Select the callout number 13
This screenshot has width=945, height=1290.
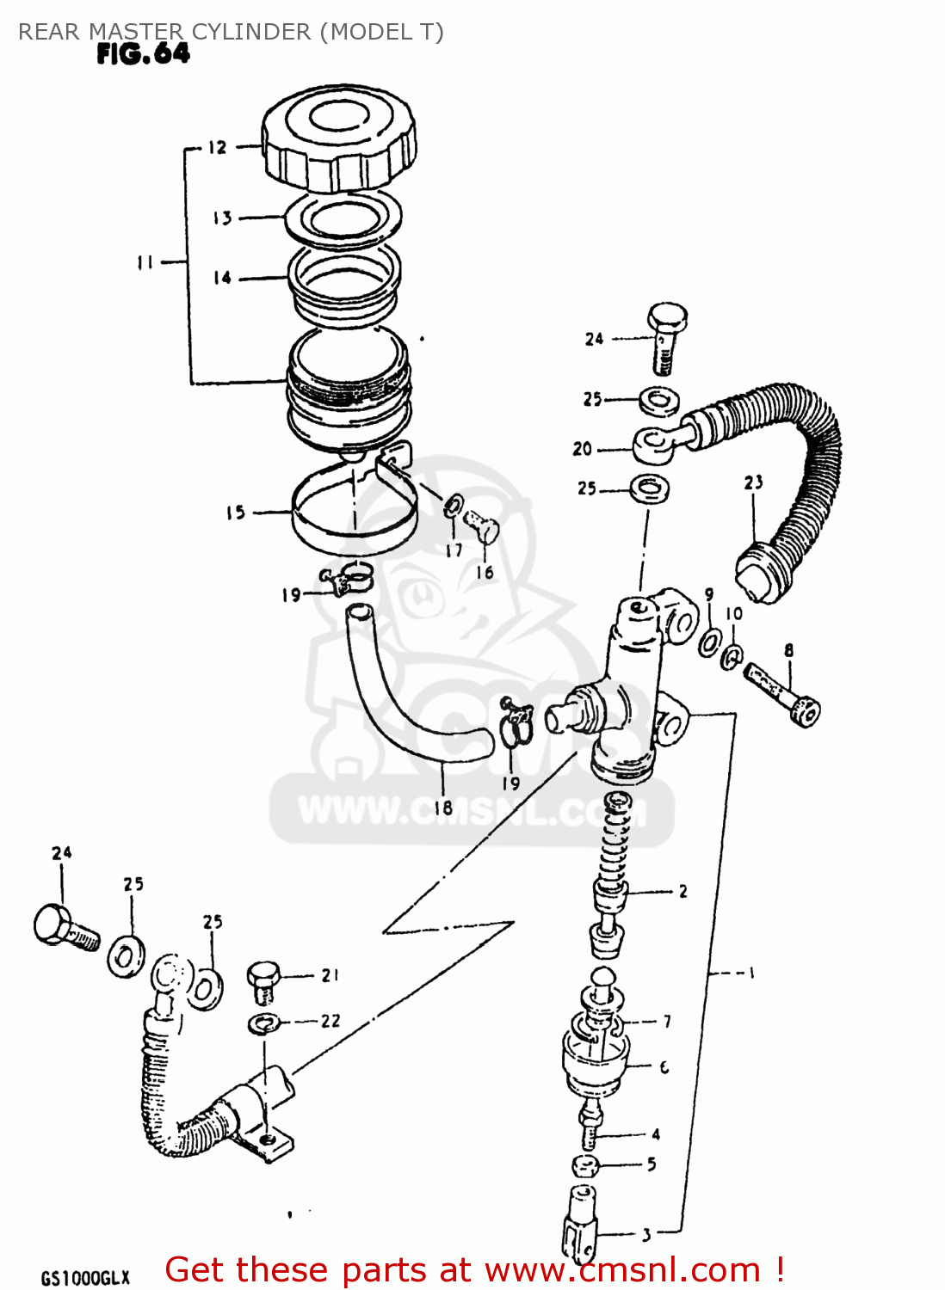click(x=223, y=218)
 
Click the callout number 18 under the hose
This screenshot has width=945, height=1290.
click(x=442, y=807)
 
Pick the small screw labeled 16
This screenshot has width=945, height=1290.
click(x=481, y=525)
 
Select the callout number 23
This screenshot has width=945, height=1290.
click(x=754, y=482)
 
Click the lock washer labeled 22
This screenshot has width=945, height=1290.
click(x=265, y=1023)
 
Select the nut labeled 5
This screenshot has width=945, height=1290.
click(x=585, y=1167)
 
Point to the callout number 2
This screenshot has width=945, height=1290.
click(x=682, y=891)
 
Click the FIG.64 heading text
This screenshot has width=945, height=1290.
click(x=143, y=54)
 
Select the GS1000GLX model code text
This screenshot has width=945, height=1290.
click(x=85, y=1277)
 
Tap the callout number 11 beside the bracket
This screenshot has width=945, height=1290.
click(x=145, y=262)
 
